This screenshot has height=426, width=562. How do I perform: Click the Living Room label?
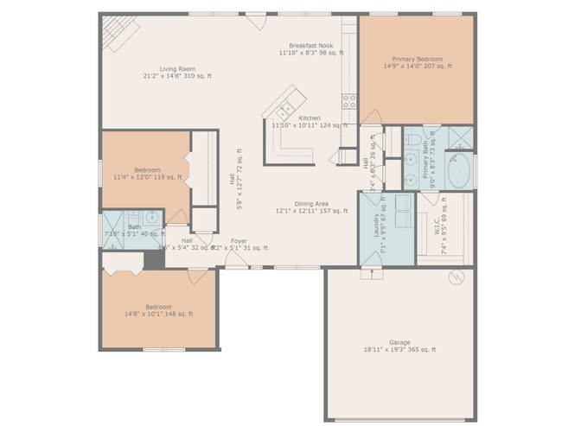[177, 69]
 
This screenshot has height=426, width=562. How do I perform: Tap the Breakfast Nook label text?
[311, 46]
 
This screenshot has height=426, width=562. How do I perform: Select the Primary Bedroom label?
[416, 57]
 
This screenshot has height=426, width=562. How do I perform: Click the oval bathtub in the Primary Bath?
[458, 170]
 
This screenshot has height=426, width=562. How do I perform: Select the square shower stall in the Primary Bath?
[460, 138]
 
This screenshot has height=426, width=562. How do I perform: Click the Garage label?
[399, 342]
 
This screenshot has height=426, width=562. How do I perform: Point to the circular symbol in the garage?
[457, 277]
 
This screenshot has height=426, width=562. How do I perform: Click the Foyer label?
[239, 241]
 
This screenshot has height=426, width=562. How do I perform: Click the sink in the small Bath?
[151, 218]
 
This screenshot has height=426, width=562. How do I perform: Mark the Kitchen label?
[309, 118]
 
